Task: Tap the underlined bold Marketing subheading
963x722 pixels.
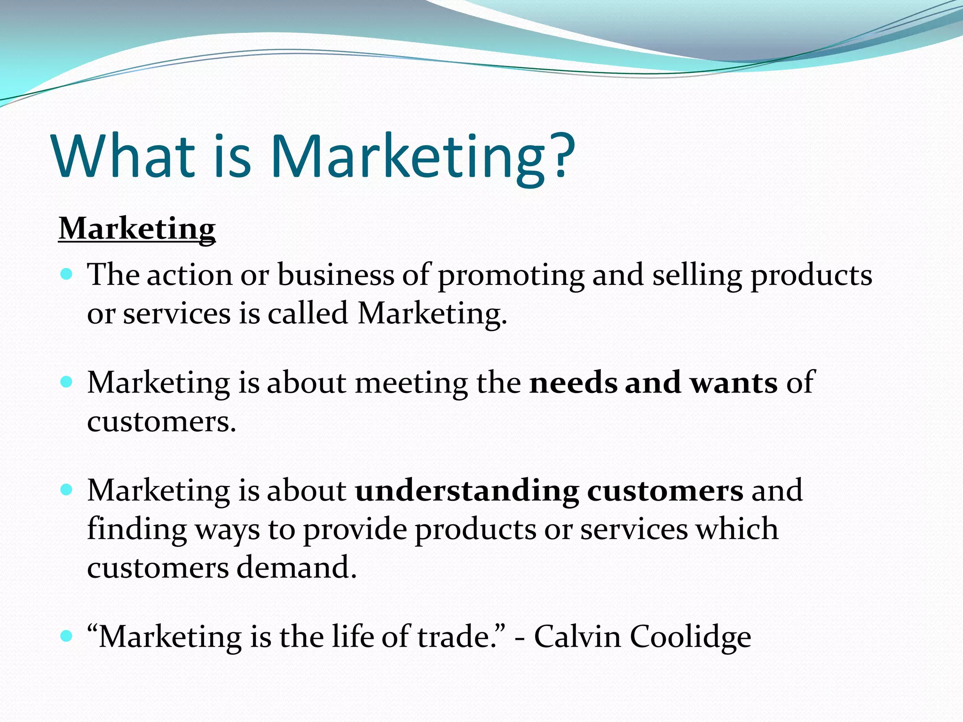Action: (137, 229)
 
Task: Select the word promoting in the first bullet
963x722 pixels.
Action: (511, 276)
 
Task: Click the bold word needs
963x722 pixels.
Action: (573, 383)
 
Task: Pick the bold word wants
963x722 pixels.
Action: (734, 384)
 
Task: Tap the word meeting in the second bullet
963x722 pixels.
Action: (411, 384)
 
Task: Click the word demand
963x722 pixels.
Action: (296, 568)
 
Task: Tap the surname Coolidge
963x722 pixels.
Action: (690, 638)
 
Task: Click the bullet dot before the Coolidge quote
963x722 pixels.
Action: (67, 636)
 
